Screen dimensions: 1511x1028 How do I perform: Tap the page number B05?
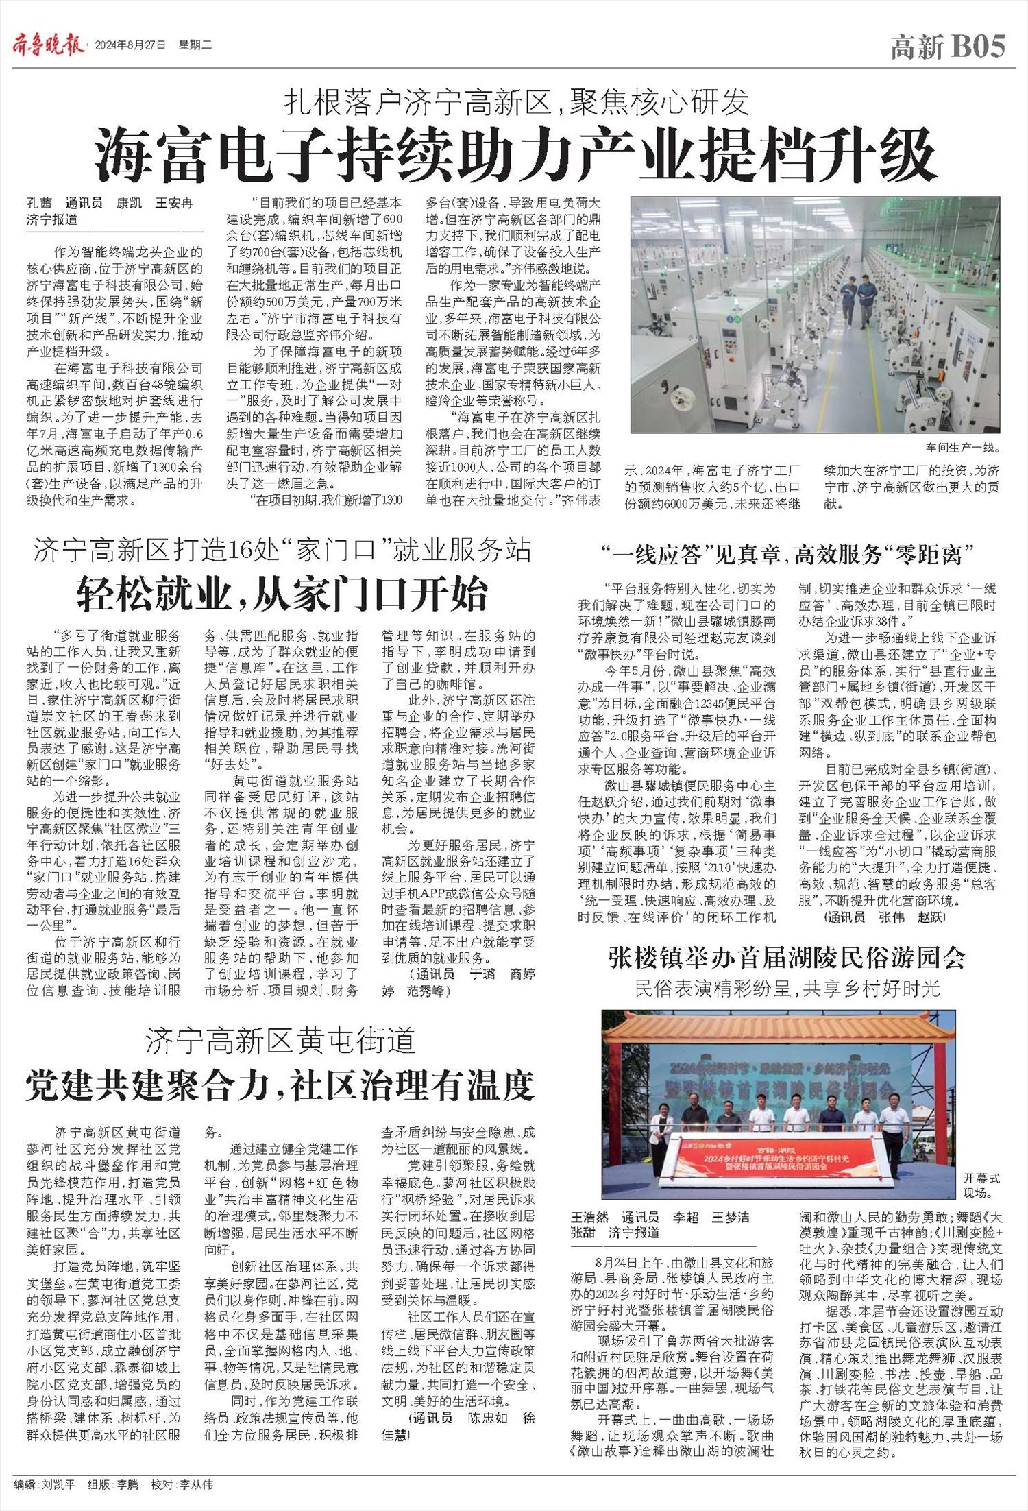tap(978, 47)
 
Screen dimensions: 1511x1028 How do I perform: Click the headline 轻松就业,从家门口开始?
tap(282, 594)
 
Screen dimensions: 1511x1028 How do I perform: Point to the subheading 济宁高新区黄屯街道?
tap(280, 1041)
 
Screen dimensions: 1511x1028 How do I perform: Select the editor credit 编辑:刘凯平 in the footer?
tap(42, 1485)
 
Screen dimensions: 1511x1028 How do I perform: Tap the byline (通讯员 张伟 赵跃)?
tap(883, 917)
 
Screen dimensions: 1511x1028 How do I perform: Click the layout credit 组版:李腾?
tap(112, 1485)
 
